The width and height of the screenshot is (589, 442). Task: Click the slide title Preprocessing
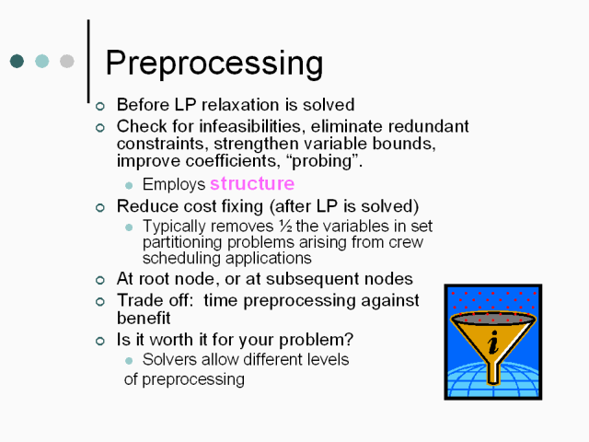(x=214, y=64)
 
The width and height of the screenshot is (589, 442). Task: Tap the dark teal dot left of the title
(x=17, y=61)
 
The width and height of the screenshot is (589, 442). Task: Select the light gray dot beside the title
(x=67, y=61)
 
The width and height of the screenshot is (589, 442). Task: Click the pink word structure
(x=252, y=183)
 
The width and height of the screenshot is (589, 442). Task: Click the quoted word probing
(x=323, y=161)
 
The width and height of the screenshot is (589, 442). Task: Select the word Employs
(x=174, y=184)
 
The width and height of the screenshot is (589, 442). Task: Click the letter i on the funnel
(x=493, y=343)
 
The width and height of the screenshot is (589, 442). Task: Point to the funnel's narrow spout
(x=493, y=372)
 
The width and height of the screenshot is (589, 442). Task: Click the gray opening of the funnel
(x=493, y=320)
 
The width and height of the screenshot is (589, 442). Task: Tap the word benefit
(x=144, y=318)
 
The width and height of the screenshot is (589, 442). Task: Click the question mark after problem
(x=349, y=340)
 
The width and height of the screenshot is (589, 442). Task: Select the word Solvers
(x=169, y=360)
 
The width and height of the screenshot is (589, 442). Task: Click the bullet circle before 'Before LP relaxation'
(x=100, y=107)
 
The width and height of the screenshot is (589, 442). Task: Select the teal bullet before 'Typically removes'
(x=129, y=227)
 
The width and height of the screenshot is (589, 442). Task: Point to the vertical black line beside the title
(x=88, y=61)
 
